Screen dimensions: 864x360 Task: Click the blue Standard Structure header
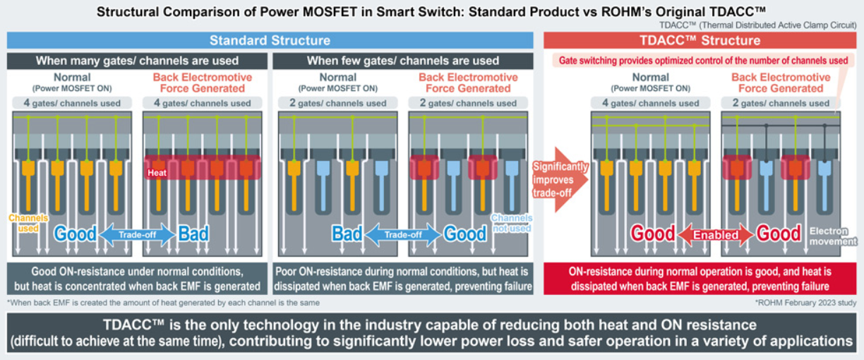tap(270, 40)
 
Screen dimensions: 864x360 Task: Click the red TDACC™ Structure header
tap(700, 40)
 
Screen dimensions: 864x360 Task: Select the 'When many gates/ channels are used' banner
tap(137, 61)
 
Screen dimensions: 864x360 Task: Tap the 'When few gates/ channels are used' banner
tap(403, 61)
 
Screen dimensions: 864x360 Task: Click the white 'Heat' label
tap(157, 173)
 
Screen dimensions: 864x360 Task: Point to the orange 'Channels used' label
tap(28, 223)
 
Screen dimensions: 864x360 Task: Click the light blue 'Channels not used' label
tap(512, 223)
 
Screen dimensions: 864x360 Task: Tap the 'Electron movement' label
tap(833, 236)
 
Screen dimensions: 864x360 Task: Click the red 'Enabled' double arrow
tap(716, 234)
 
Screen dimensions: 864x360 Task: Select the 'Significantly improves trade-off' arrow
tap(560, 179)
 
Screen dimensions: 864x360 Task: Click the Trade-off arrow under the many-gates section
tap(138, 234)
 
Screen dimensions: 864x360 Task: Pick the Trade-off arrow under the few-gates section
tap(403, 234)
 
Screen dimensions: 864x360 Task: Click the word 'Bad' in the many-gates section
tap(193, 234)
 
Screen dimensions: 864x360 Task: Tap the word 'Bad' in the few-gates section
tap(347, 234)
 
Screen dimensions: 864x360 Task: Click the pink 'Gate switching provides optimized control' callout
tap(703, 61)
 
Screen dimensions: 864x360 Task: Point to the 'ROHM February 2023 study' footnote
tap(805, 303)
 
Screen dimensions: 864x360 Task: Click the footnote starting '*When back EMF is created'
tap(164, 303)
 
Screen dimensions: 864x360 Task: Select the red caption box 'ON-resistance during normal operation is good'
tap(700, 279)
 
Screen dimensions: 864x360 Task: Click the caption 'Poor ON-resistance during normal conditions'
tap(403, 279)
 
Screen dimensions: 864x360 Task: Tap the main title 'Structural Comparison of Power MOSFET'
tap(431, 12)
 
